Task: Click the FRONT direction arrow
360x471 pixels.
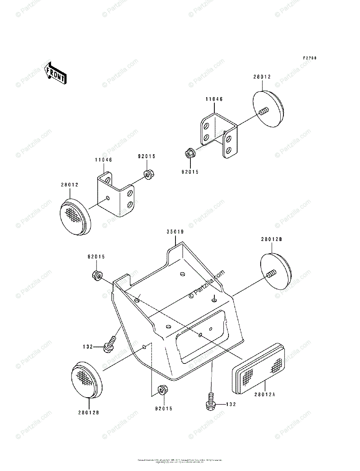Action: coord(55,73)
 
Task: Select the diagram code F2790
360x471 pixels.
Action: coord(310,58)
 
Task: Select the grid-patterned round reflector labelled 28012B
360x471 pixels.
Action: coord(87,379)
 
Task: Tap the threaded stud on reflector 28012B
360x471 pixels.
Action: coord(270,275)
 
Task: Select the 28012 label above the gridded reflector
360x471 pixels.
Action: coord(69,184)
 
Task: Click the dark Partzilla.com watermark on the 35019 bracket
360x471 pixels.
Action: coord(207,284)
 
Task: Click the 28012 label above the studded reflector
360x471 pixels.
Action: coord(262,77)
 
